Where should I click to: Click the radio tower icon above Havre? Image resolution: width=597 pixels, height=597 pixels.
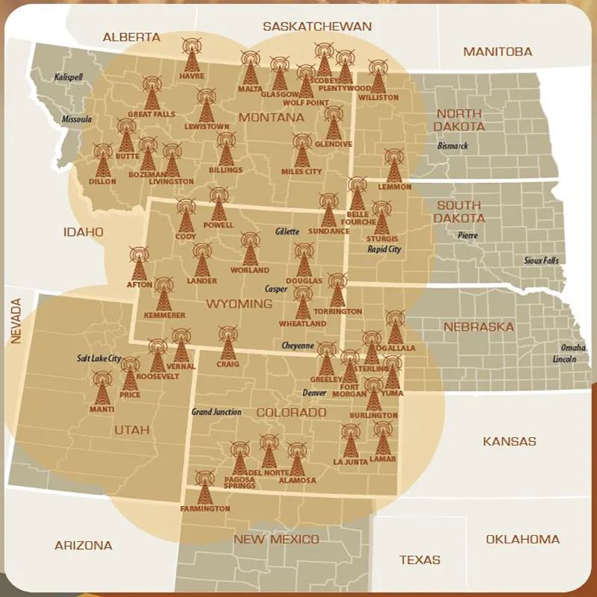click(192, 54)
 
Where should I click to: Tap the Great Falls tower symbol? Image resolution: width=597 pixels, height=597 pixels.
click(151, 93)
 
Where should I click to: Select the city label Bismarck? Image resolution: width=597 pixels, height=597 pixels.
click(453, 146)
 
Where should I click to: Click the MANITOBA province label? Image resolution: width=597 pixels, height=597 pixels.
click(498, 51)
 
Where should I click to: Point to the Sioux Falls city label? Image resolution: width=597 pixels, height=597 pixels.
click(540, 260)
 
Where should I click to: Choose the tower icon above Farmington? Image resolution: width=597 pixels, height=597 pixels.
click(204, 488)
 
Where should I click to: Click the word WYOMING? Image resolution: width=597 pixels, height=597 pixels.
click(239, 304)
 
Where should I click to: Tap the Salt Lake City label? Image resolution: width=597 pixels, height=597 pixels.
click(99, 358)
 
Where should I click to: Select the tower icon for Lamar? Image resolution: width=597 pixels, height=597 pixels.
click(383, 439)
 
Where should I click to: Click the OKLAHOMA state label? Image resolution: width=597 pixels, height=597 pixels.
click(522, 539)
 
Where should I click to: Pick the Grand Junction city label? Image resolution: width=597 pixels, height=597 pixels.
click(216, 412)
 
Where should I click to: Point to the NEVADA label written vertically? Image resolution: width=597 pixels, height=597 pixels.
click(16, 321)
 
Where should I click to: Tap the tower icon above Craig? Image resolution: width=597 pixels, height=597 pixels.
click(228, 343)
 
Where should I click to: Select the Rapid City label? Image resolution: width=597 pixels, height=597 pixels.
click(384, 249)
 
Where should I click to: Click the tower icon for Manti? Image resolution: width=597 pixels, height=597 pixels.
click(102, 388)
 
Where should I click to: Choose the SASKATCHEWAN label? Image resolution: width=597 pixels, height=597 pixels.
click(317, 26)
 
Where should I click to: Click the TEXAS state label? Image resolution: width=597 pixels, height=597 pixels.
click(419, 559)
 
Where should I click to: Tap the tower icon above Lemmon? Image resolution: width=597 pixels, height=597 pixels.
click(394, 166)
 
